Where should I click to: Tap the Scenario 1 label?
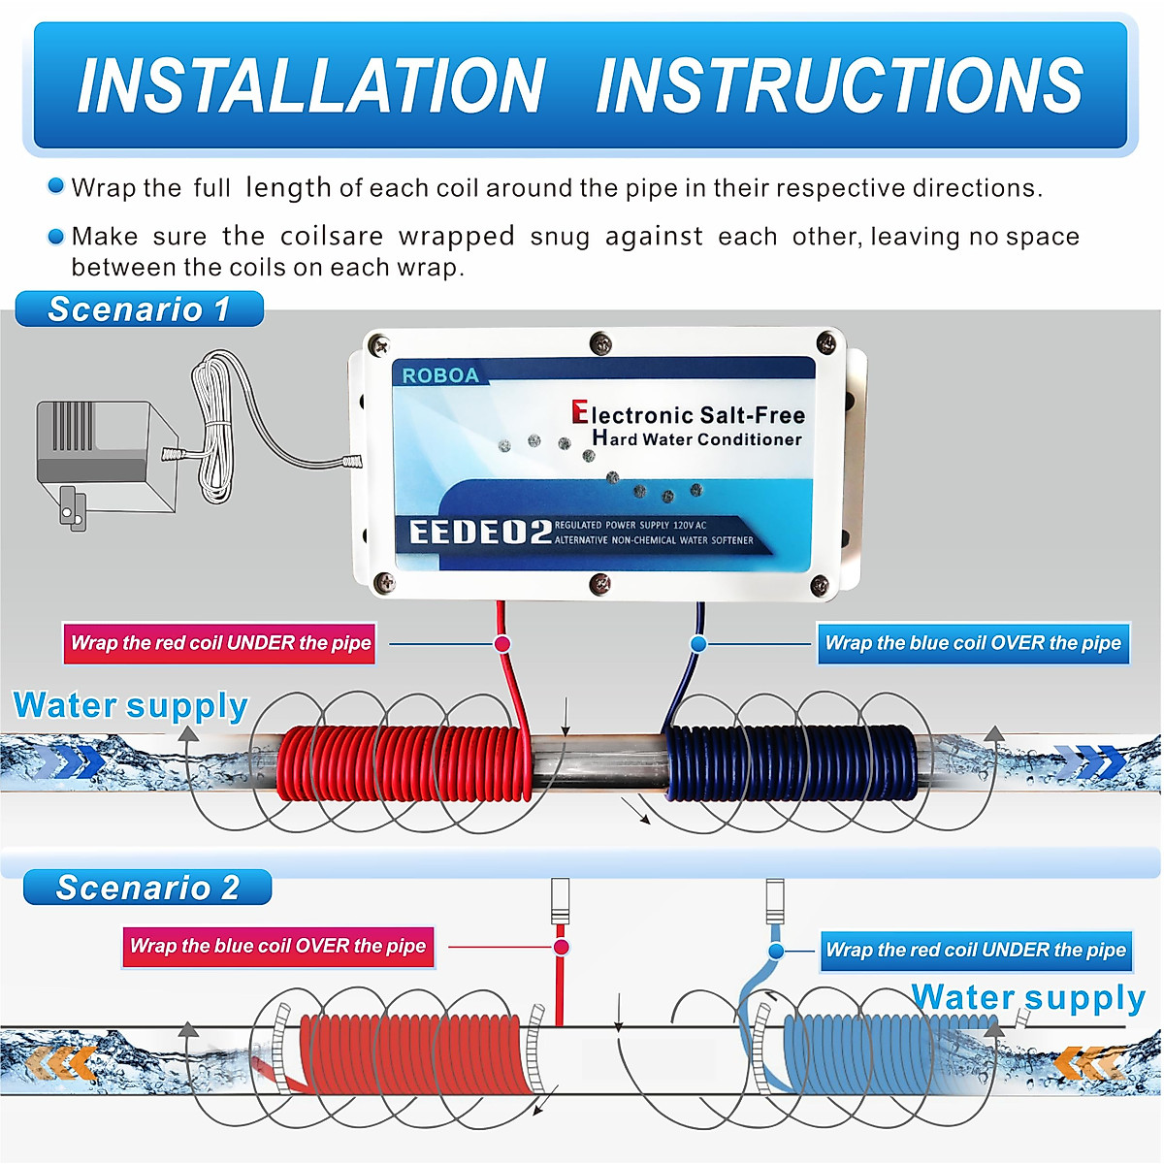tap(139, 309)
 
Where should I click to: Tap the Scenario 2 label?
tap(146, 888)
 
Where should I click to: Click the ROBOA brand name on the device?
tap(440, 375)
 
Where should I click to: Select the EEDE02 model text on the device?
tap(479, 533)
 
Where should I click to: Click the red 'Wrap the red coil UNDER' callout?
tap(220, 643)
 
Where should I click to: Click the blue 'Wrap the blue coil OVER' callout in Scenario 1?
tap(973, 643)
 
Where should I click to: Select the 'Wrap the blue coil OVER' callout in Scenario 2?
tap(277, 947)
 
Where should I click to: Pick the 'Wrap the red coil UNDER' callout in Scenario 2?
tap(975, 951)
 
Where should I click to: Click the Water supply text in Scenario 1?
tap(131, 705)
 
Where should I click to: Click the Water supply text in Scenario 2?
tap(1028, 997)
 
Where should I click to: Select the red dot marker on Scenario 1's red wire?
tap(502, 644)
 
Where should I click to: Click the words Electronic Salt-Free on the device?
tap(689, 415)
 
